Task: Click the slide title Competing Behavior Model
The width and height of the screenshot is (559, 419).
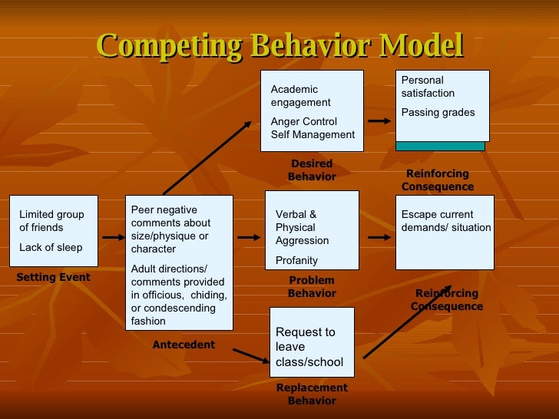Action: (x=280, y=46)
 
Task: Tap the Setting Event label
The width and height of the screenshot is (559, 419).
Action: (x=53, y=278)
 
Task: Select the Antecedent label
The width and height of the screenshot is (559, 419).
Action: (x=184, y=345)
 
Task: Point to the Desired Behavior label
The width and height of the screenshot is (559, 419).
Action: (x=312, y=170)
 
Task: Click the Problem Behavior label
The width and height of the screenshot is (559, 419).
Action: (x=312, y=287)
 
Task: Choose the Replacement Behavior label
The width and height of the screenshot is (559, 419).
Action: (x=312, y=394)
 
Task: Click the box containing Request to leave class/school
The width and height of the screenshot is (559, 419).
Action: (x=312, y=342)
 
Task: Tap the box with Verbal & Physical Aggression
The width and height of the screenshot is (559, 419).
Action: (x=312, y=230)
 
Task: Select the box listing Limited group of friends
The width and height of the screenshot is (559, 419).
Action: (x=53, y=230)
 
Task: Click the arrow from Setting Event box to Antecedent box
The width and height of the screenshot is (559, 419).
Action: (x=111, y=237)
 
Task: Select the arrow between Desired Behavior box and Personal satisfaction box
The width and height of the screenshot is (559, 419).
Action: (x=379, y=121)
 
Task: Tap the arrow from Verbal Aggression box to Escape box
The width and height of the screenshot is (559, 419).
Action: (x=379, y=237)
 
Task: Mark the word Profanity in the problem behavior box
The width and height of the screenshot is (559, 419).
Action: (x=297, y=261)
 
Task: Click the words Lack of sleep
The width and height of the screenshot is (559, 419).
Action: (x=51, y=247)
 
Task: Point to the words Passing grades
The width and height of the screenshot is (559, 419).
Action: (x=438, y=113)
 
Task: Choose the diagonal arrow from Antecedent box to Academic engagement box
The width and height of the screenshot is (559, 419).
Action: (x=207, y=157)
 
